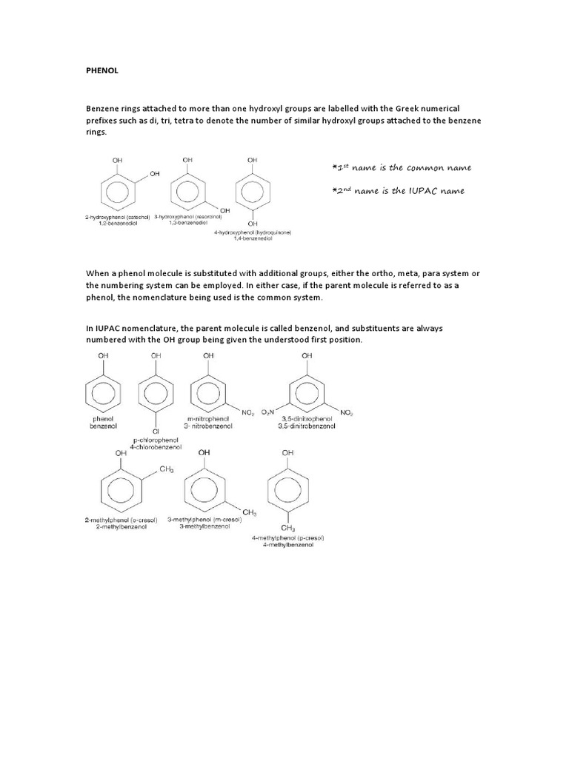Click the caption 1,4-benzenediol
click(x=253, y=238)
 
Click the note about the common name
click(x=401, y=167)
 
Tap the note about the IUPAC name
click(x=398, y=191)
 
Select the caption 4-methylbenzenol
click(x=288, y=545)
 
